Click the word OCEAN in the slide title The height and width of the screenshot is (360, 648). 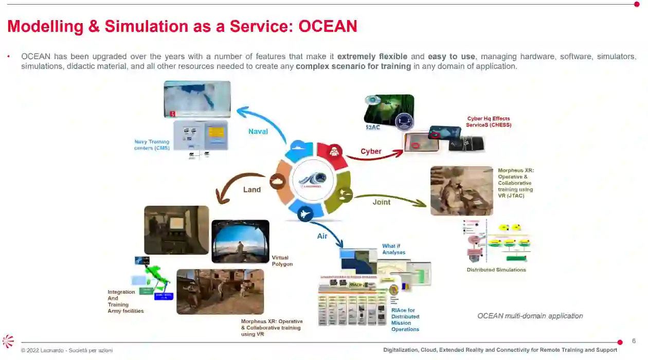tap(328, 26)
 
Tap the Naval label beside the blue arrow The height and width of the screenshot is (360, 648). tap(258, 131)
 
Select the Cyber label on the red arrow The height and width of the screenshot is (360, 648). tap(371, 151)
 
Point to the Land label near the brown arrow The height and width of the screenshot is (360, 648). tap(252, 189)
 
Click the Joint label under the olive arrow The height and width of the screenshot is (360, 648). tap(382, 202)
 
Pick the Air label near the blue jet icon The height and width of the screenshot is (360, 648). tap(322, 236)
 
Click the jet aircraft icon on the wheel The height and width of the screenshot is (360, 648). tap(305, 213)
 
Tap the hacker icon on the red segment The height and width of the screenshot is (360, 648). tap(334, 151)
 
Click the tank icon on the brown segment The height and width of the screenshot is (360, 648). tap(277, 182)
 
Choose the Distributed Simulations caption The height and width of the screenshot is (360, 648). tap(496, 269)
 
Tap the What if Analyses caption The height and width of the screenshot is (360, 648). tap(393, 249)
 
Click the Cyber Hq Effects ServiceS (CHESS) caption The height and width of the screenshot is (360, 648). tap(489, 121)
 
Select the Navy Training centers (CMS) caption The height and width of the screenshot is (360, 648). tap(152, 145)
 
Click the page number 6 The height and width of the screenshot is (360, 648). tap(634, 340)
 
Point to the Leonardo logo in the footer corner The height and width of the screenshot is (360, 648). tap(8, 341)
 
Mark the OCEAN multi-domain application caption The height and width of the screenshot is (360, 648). tap(530, 316)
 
